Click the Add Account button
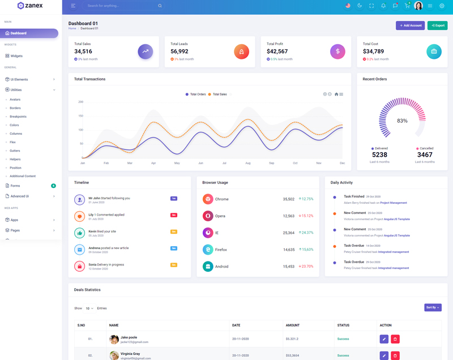coord(410,25)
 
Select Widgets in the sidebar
coord(16,56)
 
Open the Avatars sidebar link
coord(15,100)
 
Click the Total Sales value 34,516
coord(83,52)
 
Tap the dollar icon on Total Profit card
coord(337,52)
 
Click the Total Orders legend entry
coord(195,95)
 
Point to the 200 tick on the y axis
coord(80,102)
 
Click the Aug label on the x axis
coord(247,163)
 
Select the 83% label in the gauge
coord(402,121)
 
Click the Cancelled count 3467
coord(425,155)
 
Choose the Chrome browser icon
coord(208,199)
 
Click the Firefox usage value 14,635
coord(289,250)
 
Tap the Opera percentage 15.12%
coord(306,216)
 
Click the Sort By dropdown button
coord(433,307)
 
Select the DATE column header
coord(237,325)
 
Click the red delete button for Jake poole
coord(395,339)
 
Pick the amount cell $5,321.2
coord(292,339)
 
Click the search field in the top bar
coord(122,6)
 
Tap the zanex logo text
coord(34,6)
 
